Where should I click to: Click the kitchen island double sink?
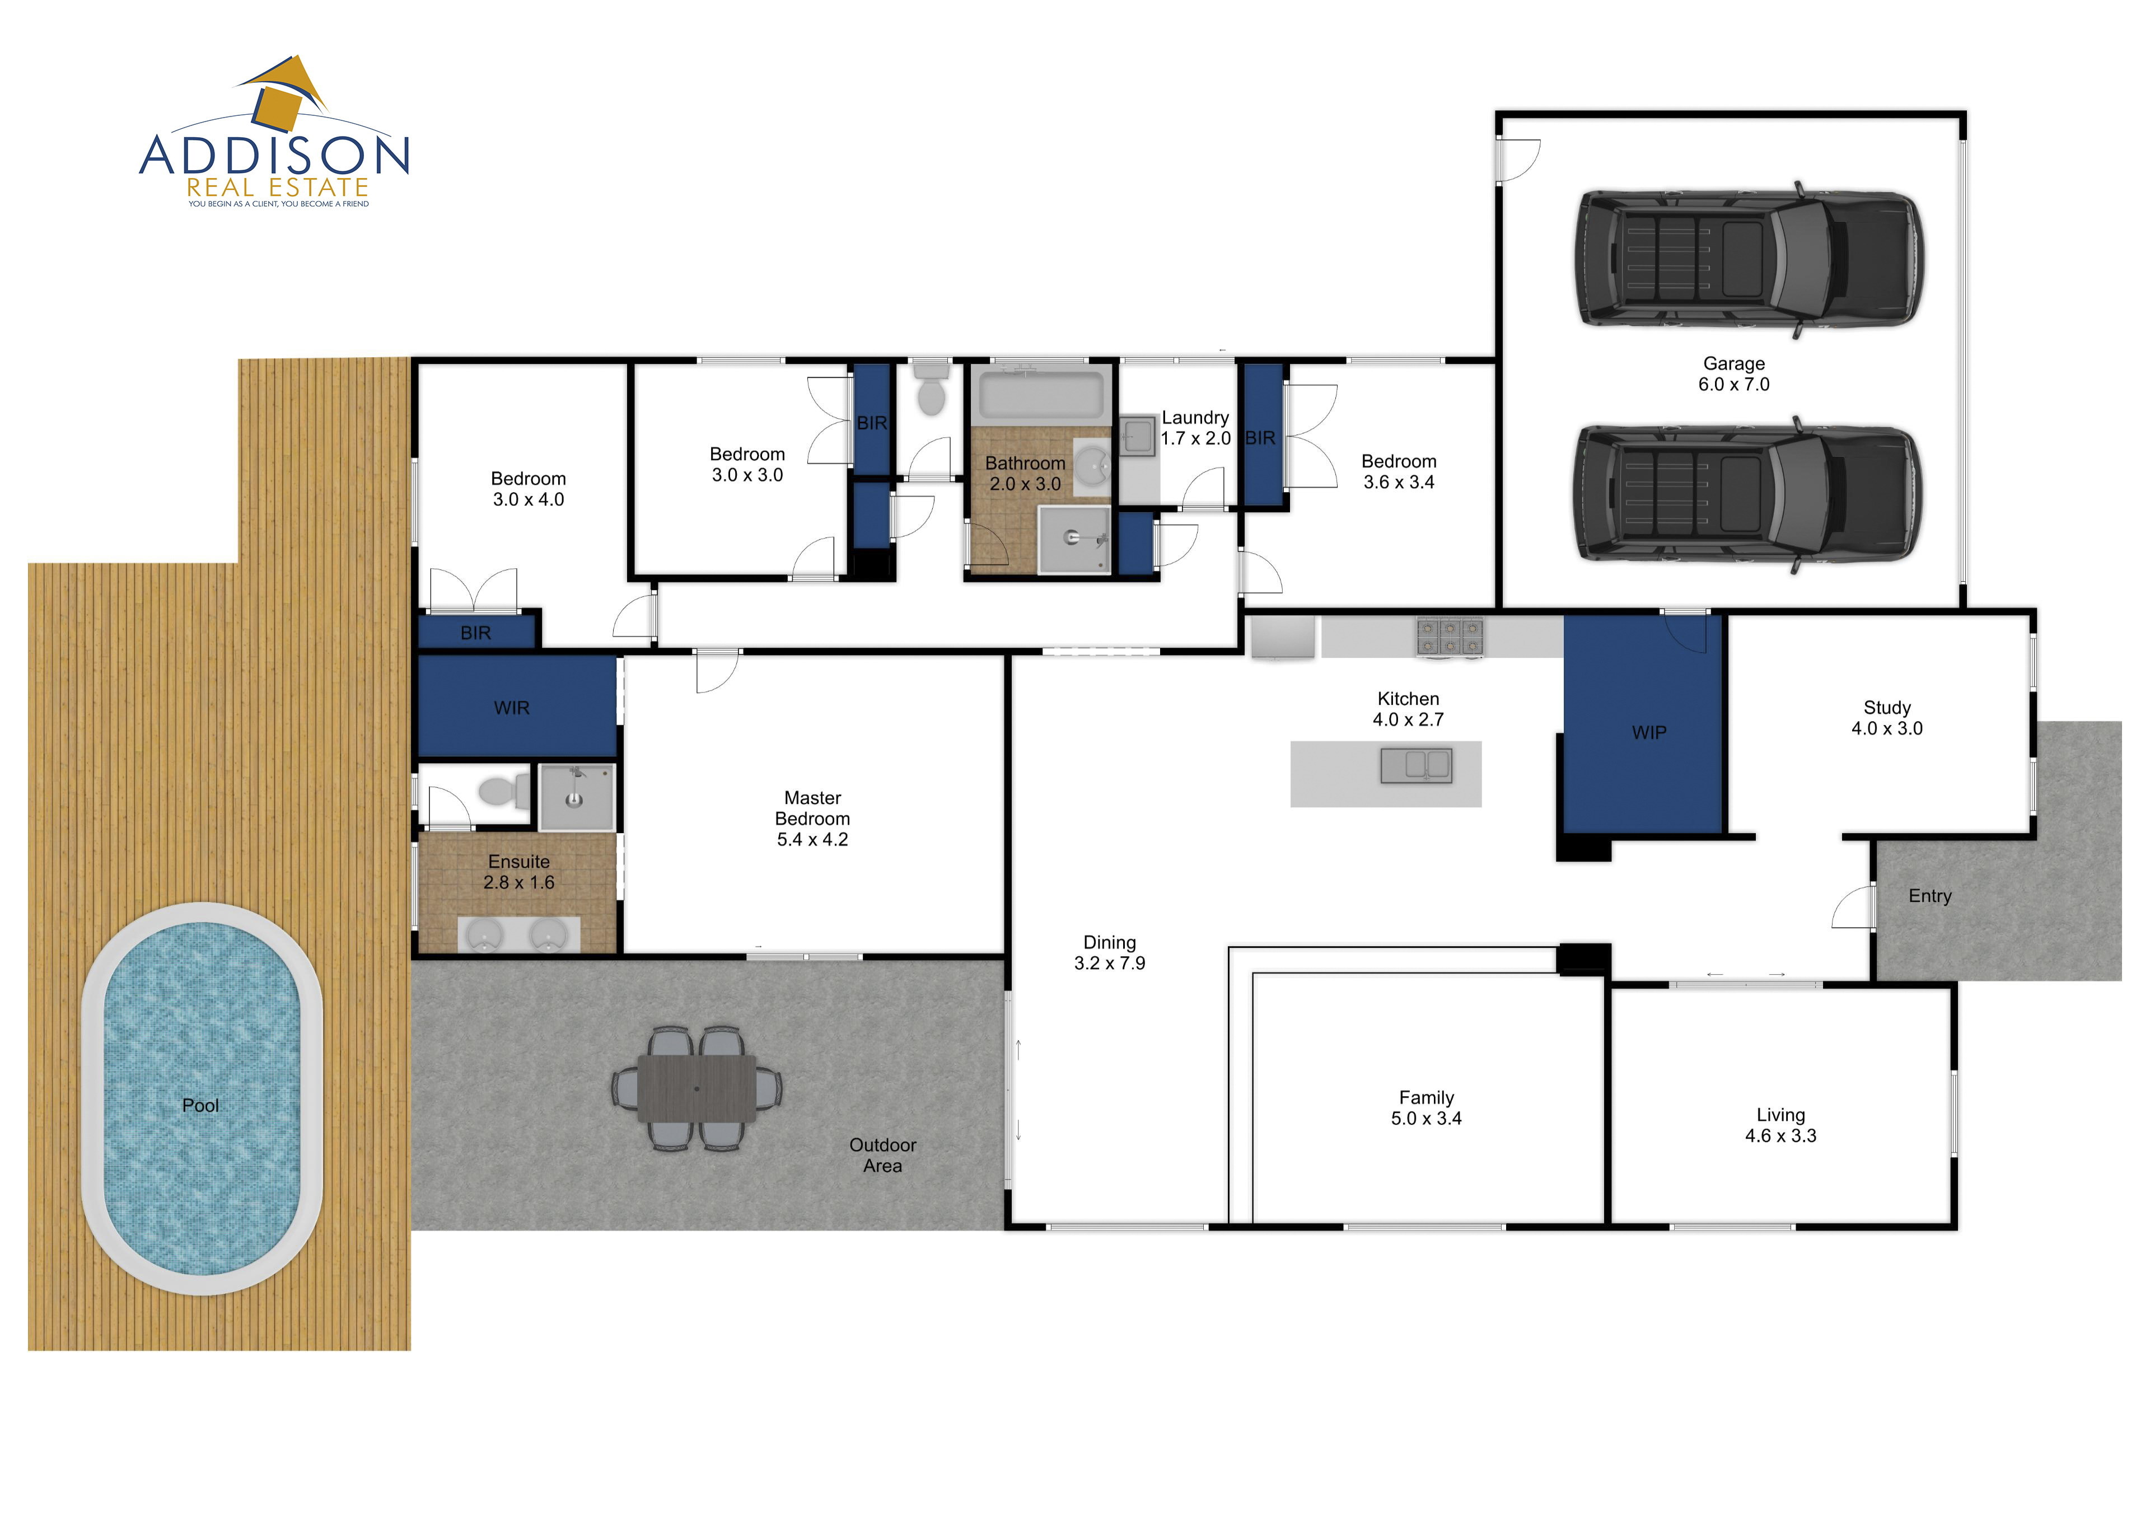(1416, 765)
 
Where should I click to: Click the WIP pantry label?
(1649, 732)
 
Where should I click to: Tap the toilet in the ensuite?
(504, 791)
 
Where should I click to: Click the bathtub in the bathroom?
(1040, 394)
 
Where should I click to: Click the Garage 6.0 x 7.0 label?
(1734, 373)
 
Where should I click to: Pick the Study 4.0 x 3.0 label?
(1887, 717)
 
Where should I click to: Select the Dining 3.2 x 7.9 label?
(1110, 952)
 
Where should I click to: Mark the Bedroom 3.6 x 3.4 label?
(1399, 471)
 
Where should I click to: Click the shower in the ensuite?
(577, 797)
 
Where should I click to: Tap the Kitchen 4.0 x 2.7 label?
(1408, 709)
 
